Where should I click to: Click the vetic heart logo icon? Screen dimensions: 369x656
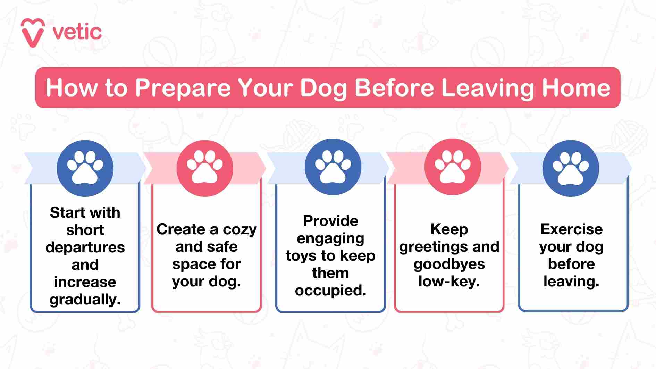[33, 33]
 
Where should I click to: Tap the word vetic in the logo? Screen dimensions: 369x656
[77, 33]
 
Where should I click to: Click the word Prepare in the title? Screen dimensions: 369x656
[183, 87]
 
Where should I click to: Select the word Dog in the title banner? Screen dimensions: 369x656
[323, 88]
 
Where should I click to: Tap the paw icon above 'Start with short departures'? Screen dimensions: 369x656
[85, 168]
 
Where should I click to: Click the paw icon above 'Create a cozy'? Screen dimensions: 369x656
[205, 168]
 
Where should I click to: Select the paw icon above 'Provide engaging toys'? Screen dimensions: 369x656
[333, 167]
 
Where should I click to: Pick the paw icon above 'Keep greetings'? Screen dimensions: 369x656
[453, 167]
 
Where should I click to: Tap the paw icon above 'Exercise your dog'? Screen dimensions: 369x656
[571, 168]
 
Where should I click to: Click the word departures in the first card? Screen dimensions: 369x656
[85, 248]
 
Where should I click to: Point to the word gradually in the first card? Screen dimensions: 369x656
[85, 300]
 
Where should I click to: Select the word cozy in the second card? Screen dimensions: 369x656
[239, 229]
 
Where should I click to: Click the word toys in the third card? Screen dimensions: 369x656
[301, 256]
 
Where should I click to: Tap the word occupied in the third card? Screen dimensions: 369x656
[330, 291]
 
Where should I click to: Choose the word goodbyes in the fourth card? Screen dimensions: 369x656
[449, 265]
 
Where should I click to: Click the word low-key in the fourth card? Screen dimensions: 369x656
[449, 282]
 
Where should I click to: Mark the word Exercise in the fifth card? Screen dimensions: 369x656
[571, 229]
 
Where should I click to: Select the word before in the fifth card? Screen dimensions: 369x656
[571, 264]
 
